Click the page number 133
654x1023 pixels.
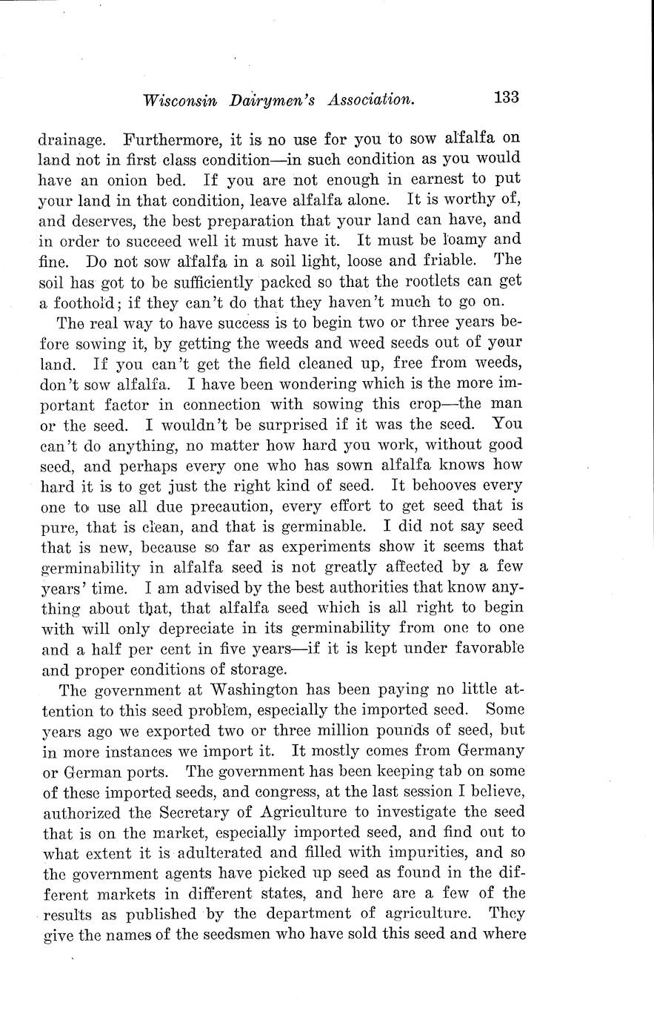501,98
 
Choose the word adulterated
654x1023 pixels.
219,853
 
